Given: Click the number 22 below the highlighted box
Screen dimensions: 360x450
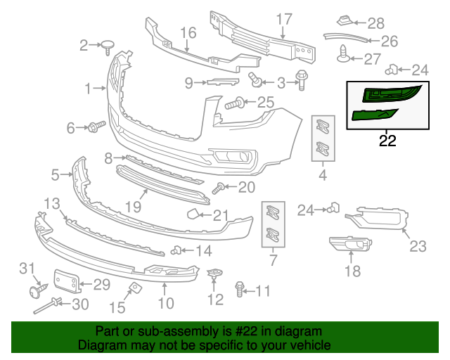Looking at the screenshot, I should pos(387,141).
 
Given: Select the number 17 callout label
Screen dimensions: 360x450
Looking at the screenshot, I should pos(283,18).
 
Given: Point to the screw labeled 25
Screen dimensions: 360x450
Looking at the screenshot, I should pos(233,105).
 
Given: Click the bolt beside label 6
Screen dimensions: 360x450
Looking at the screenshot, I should pos(96,127).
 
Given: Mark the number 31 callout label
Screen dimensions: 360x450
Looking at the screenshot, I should pos(26,268).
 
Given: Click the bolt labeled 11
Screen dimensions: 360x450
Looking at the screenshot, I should pos(240,289).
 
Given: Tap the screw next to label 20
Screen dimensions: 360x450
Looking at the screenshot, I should pos(218,188).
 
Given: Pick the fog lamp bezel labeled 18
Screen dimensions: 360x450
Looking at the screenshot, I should pos(349,244).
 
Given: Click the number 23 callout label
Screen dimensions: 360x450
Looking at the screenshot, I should pos(418,247).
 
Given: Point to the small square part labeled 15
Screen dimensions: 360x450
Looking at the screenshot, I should pos(132,287).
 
